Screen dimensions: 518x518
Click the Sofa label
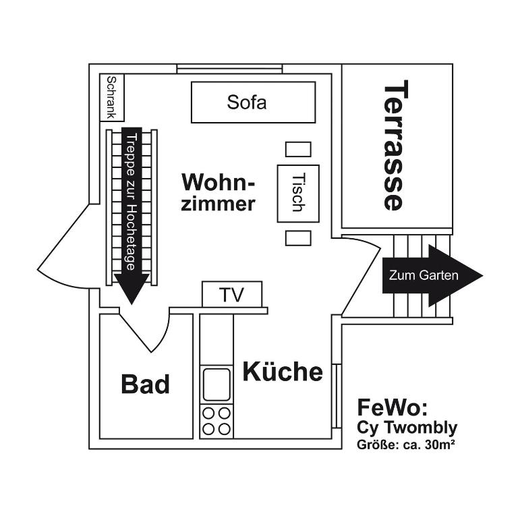(247, 103)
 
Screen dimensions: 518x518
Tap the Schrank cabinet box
(111, 97)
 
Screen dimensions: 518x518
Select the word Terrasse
(395, 146)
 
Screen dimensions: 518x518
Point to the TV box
(231, 295)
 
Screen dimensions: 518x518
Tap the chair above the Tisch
(297, 149)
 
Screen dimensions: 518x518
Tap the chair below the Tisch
(297, 238)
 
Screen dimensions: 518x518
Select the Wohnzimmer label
(219, 192)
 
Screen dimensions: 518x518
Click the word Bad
(145, 384)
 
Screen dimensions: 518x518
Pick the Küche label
(283, 372)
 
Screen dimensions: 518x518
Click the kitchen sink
(217, 384)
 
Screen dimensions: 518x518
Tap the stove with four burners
(217, 420)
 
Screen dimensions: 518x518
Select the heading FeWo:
(392, 407)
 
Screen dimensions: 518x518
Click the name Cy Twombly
(407, 427)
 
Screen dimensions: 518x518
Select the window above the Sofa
(229, 69)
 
